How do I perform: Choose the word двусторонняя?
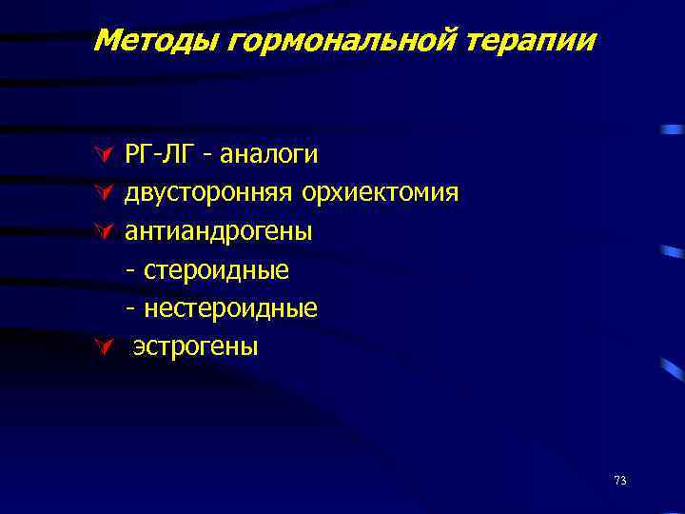[209, 194]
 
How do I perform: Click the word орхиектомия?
[381, 194]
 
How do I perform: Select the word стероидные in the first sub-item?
[217, 271]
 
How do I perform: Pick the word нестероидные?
[231, 309]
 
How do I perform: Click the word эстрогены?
[195, 347]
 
